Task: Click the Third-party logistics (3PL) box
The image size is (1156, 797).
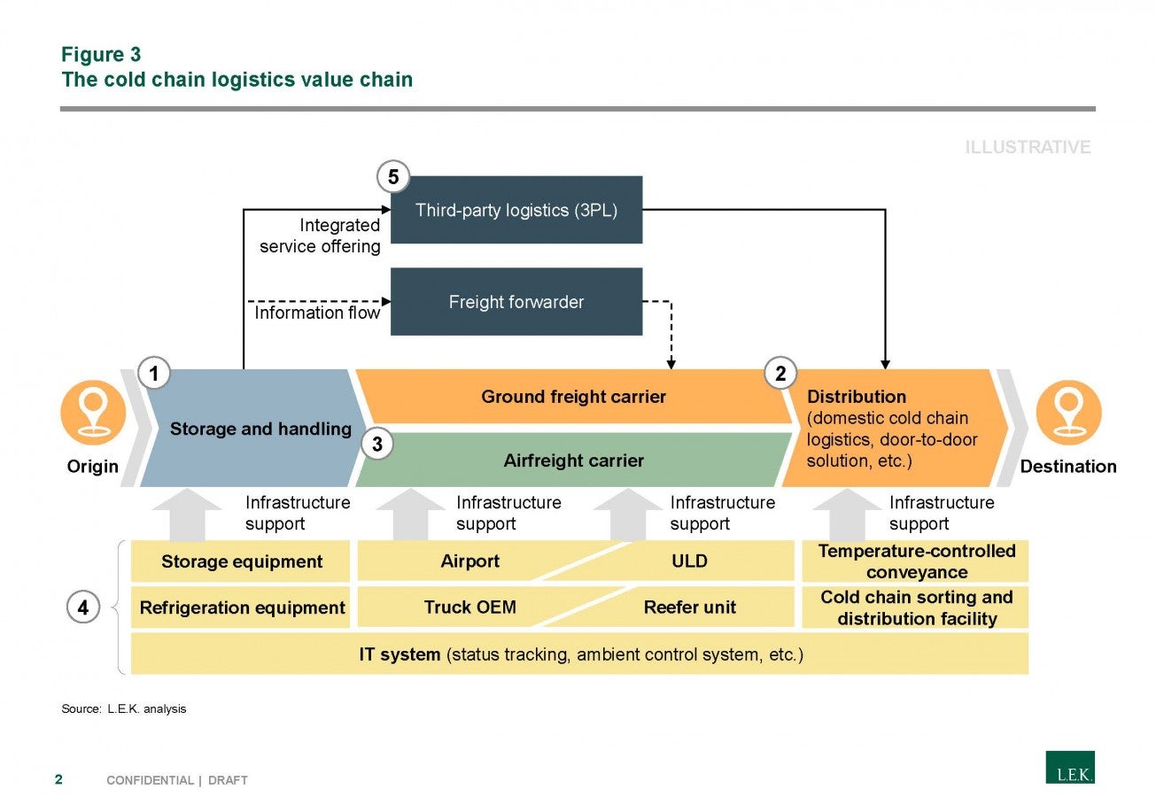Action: [516, 210]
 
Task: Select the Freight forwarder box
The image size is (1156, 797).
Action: [516, 301]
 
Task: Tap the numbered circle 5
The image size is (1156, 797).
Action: [393, 177]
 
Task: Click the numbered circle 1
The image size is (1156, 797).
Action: [154, 373]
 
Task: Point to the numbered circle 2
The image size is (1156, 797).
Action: [780, 373]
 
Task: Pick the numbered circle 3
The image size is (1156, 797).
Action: [377, 444]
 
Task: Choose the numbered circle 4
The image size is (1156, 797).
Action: [83, 607]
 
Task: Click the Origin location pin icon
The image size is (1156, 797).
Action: [93, 413]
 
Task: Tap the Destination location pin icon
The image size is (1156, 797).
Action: [1069, 413]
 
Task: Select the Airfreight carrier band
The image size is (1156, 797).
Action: [573, 460]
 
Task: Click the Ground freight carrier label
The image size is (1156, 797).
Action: [573, 397]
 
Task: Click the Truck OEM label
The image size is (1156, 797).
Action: [469, 607]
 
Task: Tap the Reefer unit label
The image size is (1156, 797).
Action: [689, 607]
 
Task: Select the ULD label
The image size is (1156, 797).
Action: [689, 561]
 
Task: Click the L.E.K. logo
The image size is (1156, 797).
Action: [1070, 767]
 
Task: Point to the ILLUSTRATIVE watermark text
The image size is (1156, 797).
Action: [1028, 147]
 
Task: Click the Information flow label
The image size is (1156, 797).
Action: [317, 313]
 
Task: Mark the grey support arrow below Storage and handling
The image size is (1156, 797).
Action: [187, 515]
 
